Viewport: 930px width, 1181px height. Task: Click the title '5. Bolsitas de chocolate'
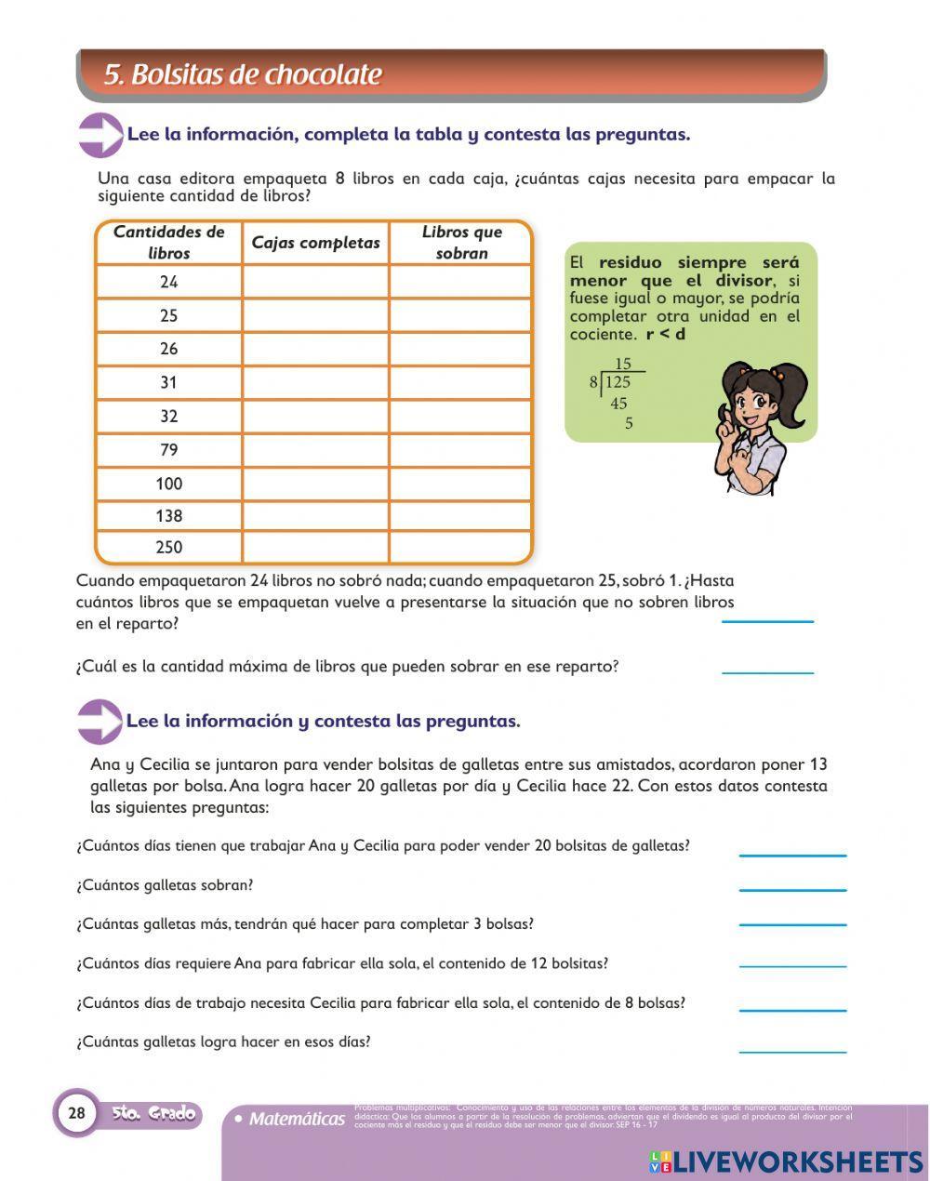tap(243, 74)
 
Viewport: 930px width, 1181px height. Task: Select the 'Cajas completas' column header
tap(315, 243)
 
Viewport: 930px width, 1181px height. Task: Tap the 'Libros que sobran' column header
tap(461, 243)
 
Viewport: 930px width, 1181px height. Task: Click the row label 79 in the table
tap(168, 450)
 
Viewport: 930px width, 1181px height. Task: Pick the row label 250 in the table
tap(168, 548)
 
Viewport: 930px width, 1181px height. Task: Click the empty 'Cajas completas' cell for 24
tap(315, 282)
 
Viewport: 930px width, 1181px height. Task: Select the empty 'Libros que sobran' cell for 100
tap(460, 484)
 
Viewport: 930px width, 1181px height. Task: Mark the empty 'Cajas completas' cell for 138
tap(315, 516)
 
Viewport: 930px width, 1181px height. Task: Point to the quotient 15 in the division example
tap(622, 365)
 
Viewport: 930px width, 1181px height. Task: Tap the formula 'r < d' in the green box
tap(666, 334)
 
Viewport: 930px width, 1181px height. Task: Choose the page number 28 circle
tap(76, 1112)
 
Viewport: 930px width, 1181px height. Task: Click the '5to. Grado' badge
tap(153, 1113)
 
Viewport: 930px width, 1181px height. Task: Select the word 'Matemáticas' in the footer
tap(297, 1119)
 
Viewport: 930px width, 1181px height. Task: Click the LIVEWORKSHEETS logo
tap(786, 1161)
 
